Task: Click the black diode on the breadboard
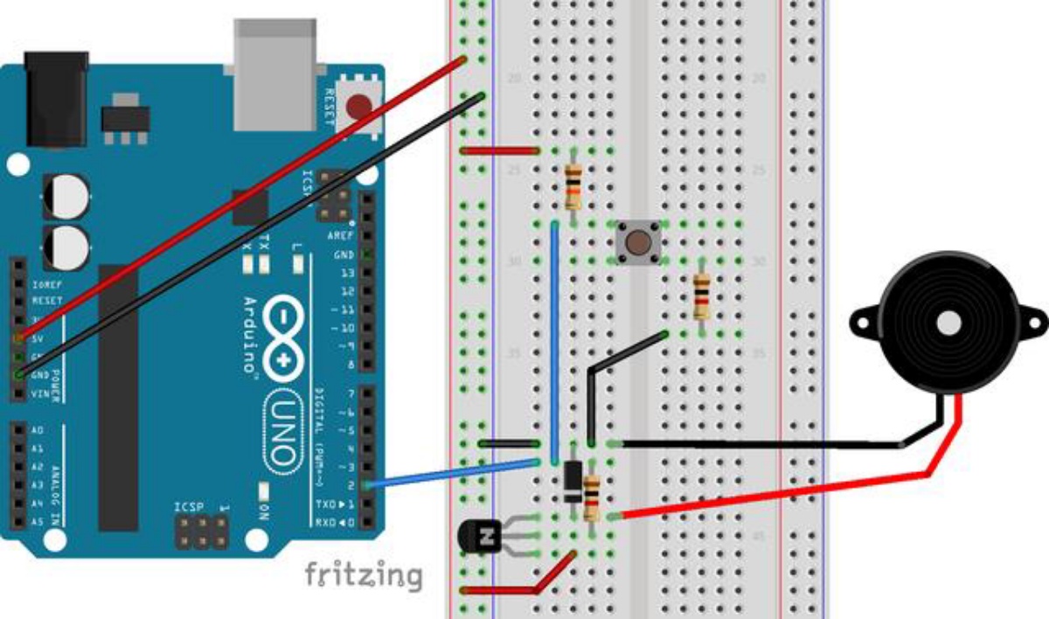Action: (x=573, y=480)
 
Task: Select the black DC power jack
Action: (x=56, y=98)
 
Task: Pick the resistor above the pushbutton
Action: (x=573, y=186)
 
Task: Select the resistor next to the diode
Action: (x=594, y=497)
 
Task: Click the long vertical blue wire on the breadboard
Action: (x=554, y=341)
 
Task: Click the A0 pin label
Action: (x=37, y=431)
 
